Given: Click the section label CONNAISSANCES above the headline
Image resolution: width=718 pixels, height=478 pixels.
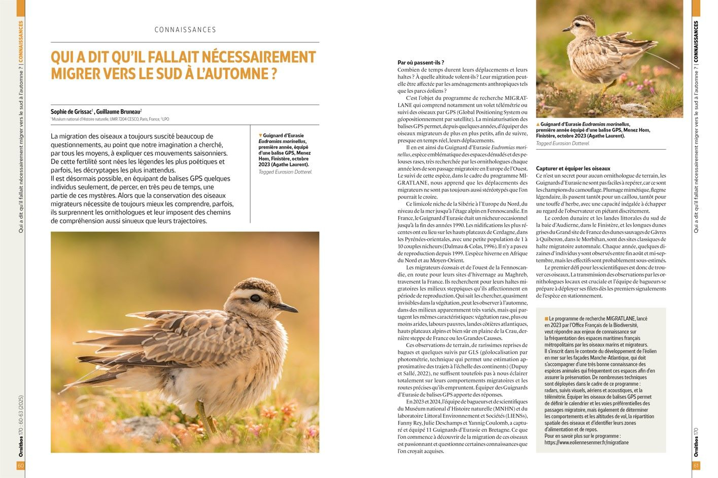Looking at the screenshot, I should [x=185, y=30].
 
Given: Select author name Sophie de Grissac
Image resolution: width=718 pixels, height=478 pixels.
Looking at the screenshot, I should [x=71, y=112].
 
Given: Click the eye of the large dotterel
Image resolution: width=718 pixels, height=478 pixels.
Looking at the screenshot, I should [x=254, y=298].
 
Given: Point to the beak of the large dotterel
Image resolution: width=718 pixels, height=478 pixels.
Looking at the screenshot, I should [x=288, y=307].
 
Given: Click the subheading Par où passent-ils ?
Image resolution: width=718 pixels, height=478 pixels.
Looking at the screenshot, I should [x=421, y=62].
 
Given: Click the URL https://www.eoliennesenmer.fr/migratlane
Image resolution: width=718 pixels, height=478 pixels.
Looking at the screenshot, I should [x=586, y=442].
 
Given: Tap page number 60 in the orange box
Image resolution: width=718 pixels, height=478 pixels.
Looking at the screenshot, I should [x=20, y=466].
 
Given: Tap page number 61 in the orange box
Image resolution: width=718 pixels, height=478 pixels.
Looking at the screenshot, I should [x=696, y=466].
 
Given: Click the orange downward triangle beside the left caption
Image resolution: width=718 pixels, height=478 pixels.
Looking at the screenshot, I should [x=260, y=135].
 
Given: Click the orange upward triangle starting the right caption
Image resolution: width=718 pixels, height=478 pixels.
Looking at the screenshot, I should [x=538, y=124].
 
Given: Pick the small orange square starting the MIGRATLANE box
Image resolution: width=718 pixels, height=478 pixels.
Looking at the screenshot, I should [x=546, y=319].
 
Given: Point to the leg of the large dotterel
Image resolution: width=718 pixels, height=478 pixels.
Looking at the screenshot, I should [x=203, y=414].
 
